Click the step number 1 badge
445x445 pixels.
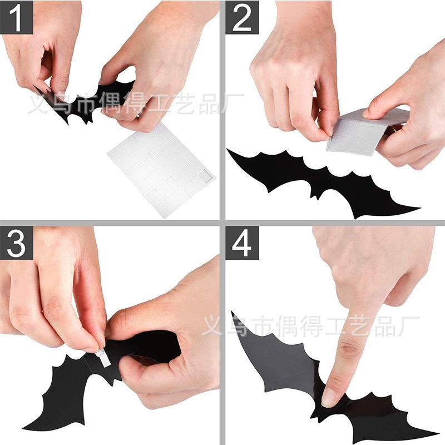point(17,17)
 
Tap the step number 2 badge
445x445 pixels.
point(242,17)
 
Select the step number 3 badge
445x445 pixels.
point(17,243)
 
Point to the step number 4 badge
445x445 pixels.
point(242,243)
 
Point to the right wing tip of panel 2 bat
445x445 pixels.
point(419,209)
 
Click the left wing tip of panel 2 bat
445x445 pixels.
point(228,150)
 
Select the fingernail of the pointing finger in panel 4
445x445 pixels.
point(329,397)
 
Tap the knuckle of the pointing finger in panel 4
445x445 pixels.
point(349,349)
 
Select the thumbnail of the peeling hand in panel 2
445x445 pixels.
point(330,131)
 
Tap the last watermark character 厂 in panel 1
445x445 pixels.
point(232,103)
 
